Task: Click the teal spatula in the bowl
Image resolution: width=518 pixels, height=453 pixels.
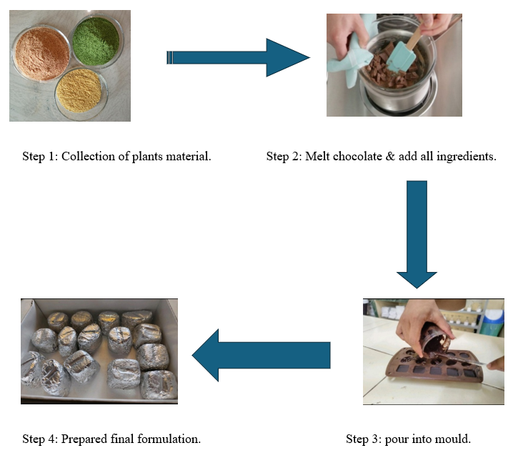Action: coord(405,52)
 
